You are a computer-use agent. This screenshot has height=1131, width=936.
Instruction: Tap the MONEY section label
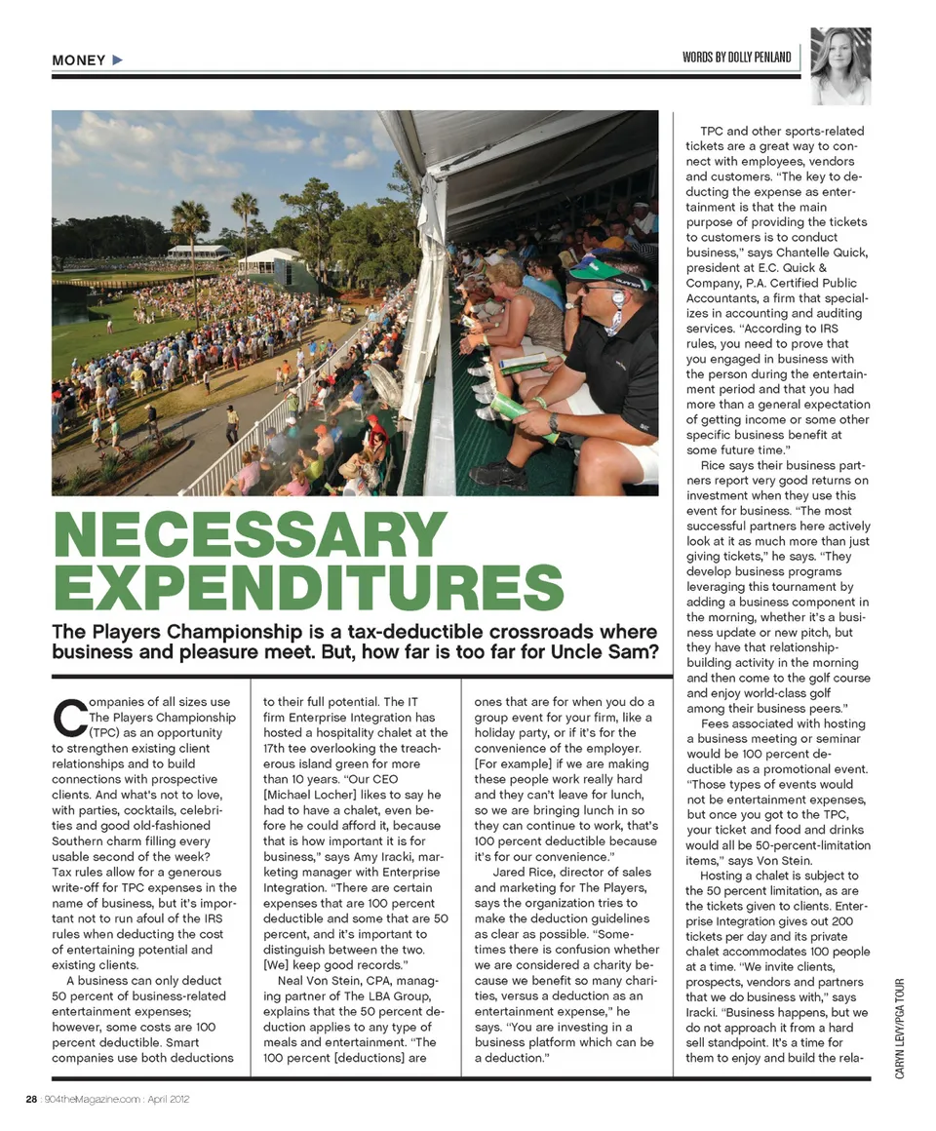coord(79,60)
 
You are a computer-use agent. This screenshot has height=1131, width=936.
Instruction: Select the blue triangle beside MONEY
coord(118,60)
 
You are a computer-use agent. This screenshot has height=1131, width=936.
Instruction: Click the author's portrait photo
coord(840,66)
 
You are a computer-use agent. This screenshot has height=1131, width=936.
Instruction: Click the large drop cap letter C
coord(66,716)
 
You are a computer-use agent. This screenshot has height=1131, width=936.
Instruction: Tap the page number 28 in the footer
coord(31,1099)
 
